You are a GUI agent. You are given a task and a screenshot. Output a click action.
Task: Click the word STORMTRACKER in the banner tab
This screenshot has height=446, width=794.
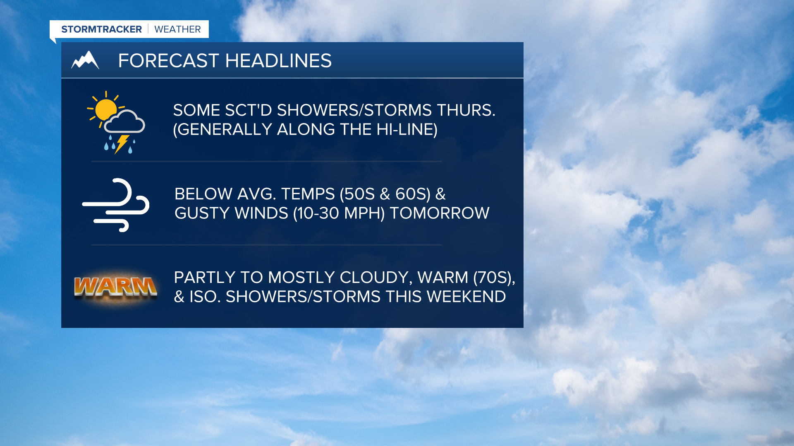(101, 29)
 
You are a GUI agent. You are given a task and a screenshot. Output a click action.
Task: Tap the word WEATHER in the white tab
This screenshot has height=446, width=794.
(177, 29)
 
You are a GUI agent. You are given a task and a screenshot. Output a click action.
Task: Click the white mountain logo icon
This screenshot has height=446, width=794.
(85, 60)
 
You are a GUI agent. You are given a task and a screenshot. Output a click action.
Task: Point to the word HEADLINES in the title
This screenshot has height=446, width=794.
(278, 61)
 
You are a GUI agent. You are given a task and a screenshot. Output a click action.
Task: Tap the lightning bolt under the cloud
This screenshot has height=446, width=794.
(121, 144)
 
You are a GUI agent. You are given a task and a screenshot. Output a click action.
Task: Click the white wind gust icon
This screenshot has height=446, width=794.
(116, 205)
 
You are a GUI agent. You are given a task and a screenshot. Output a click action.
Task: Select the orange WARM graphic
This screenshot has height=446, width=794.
(115, 287)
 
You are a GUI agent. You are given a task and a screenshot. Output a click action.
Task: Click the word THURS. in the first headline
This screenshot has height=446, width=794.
(466, 110)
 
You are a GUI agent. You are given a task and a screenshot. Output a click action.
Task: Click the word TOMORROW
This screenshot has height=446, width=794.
(440, 213)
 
